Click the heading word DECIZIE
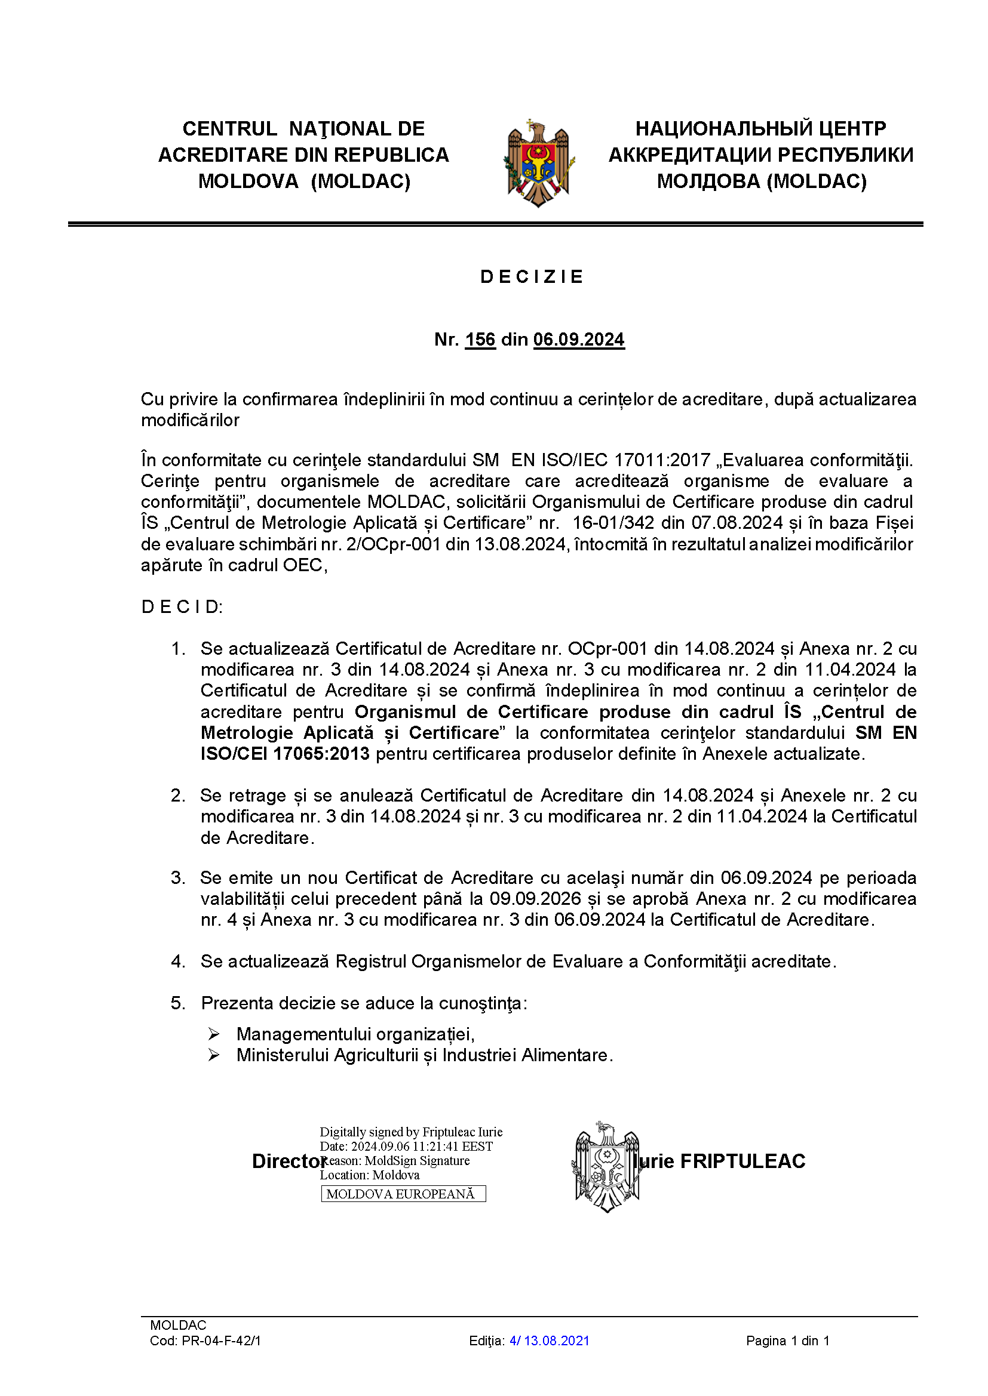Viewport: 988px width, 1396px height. [x=531, y=278]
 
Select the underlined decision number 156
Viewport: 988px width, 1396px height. [x=480, y=339]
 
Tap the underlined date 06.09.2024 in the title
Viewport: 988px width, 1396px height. [x=579, y=339]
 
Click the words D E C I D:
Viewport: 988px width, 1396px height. [x=182, y=607]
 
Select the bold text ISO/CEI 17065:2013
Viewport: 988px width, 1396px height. [x=285, y=754]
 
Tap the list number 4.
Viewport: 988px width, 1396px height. [x=177, y=962]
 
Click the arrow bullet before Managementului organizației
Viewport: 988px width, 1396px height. [x=213, y=1034]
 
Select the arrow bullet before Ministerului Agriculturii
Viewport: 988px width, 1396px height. [x=213, y=1055]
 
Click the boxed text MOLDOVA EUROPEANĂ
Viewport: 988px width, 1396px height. [x=403, y=1194]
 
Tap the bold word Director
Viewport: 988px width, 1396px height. [x=288, y=1161]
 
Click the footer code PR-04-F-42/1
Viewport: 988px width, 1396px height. [x=221, y=1340]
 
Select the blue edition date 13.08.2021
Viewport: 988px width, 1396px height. [x=556, y=1340]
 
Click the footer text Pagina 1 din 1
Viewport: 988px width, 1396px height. [x=787, y=1340]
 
